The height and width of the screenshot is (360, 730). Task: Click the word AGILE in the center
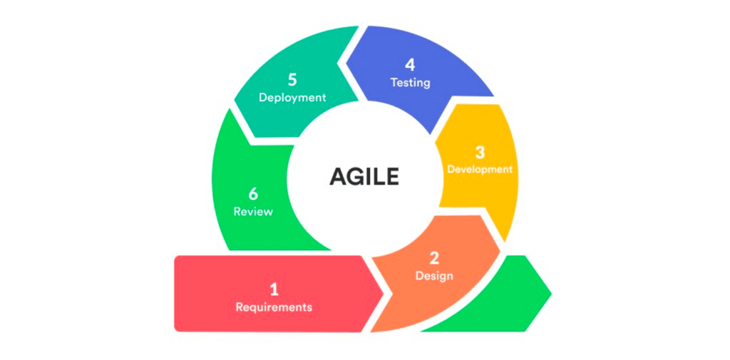[364, 178]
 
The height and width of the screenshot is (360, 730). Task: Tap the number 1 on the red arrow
[274, 289]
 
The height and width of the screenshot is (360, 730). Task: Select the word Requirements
[274, 308]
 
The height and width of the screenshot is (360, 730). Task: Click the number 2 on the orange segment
[434, 258]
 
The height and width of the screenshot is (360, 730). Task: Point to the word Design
[434, 276]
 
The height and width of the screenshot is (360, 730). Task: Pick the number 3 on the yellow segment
[480, 153]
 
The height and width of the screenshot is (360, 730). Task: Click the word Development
[480, 170]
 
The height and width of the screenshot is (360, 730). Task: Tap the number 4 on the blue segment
[410, 65]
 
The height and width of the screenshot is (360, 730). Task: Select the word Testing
[410, 83]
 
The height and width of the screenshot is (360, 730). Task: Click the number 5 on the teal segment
[292, 80]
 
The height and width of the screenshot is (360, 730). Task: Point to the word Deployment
[292, 98]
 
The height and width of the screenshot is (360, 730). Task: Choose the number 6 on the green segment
[253, 194]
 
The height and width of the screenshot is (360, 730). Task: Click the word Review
[253, 212]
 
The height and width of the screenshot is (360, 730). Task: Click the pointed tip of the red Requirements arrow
[383, 294]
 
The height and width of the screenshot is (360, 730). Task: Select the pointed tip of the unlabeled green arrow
[551, 294]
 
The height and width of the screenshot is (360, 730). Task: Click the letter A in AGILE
[337, 178]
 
